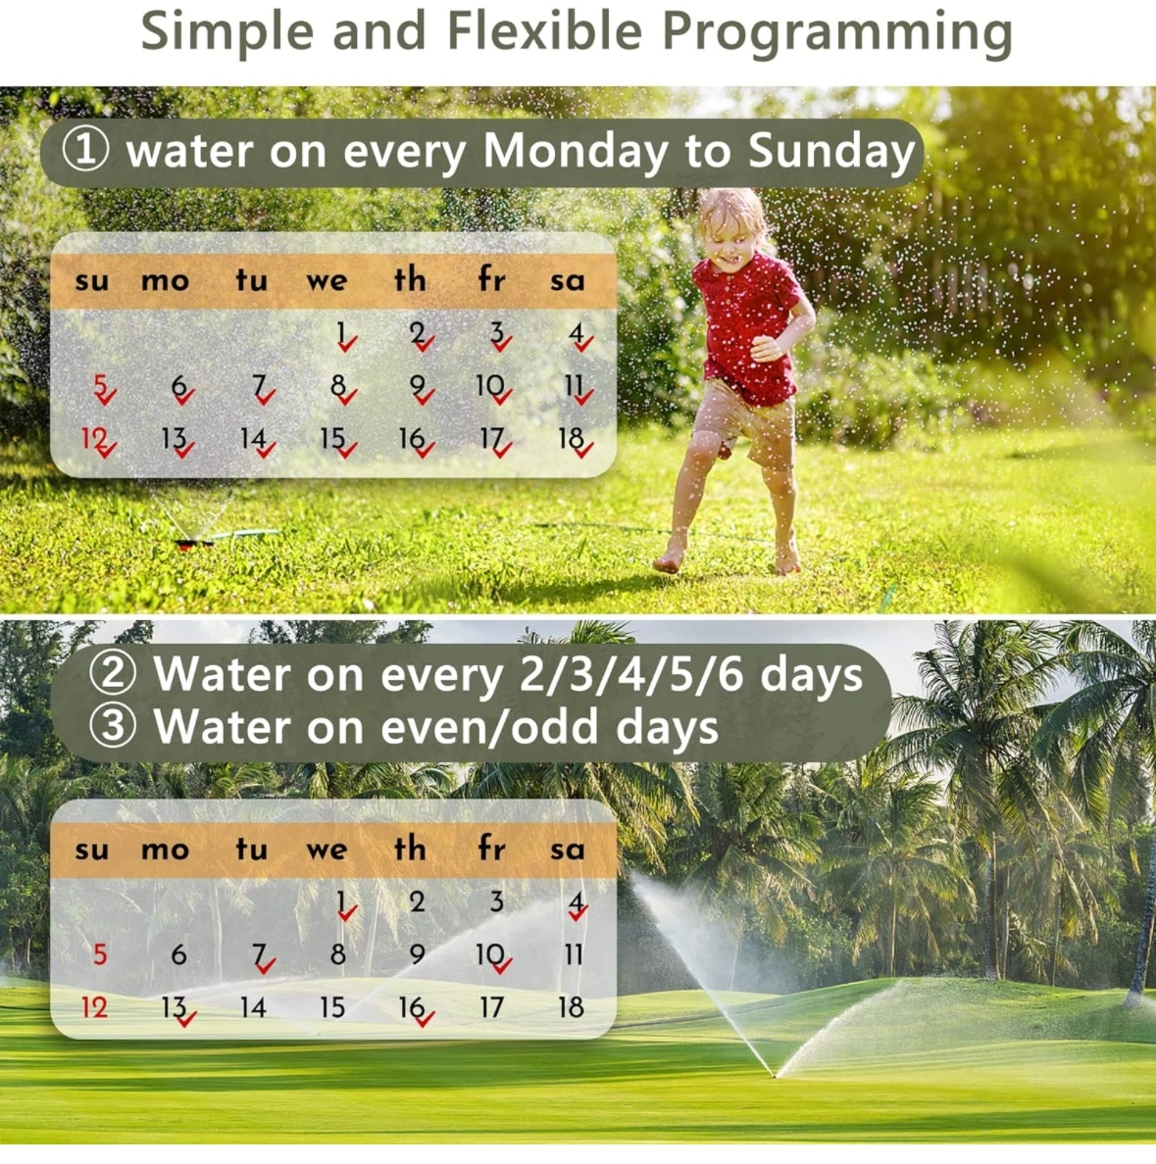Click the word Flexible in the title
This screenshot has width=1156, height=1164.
tap(544, 31)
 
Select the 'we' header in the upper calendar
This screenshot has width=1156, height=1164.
tap(327, 280)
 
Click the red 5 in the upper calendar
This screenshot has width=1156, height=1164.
tap(100, 385)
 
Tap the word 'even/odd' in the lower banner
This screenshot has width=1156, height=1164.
tap(489, 726)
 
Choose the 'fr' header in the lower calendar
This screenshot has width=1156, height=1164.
tap(491, 848)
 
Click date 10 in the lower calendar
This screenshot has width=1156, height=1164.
tap(490, 954)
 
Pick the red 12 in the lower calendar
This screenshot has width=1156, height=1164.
tap(94, 1007)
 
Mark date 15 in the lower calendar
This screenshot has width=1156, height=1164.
tap(332, 1007)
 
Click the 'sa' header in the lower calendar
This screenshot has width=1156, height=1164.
tap(568, 850)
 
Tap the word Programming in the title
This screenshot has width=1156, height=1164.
tap(837, 33)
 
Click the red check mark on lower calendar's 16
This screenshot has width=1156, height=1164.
tap(425, 1019)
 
